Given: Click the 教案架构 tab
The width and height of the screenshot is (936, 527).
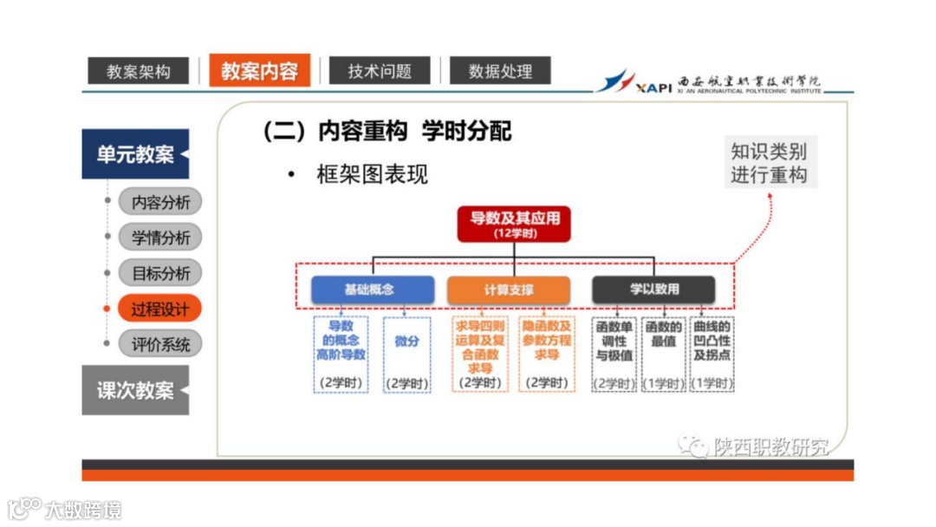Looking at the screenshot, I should click(139, 71).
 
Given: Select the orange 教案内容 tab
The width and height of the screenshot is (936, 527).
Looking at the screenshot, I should click(259, 70).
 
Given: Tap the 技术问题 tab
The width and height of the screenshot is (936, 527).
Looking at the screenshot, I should click(380, 71).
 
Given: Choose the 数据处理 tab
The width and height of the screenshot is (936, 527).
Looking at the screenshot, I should click(500, 71).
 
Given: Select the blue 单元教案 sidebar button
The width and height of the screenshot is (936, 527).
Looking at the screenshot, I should click(135, 154).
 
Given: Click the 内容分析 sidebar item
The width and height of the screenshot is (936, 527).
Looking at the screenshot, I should click(160, 202).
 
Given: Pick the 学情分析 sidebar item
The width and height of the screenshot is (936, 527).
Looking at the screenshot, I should click(160, 237).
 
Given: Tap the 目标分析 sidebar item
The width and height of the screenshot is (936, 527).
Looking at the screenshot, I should click(160, 273).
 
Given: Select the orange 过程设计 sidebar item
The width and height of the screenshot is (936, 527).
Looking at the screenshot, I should click(160, 309).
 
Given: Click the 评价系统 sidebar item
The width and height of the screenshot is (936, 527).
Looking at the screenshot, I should click(160, 344).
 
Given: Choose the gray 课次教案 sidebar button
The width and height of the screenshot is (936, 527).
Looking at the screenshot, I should click(135, 390).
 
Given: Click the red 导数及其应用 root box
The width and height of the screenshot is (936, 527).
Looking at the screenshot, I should click(515, 224).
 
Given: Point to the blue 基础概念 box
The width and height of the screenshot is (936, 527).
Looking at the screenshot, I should click(373, 290).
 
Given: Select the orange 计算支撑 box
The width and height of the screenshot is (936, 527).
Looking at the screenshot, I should click(509, 290).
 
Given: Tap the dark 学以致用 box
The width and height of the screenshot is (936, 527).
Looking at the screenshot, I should click(653, 290).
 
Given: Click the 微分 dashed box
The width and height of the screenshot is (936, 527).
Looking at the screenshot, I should click(406, 354).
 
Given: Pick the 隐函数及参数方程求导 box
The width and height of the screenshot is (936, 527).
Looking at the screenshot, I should click(547, 354).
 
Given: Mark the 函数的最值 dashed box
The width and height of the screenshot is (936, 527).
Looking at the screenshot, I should click(663, 354).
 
